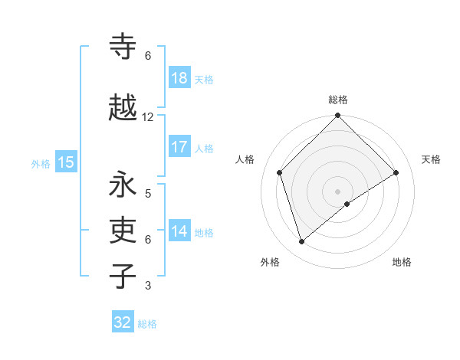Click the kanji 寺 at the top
[123, 47]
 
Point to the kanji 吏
[123, 230]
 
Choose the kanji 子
[123, 275]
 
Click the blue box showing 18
[179, 78]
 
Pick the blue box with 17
[179, 147]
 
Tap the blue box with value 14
[179, 231]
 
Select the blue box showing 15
[65, 162]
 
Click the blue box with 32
[123, 322]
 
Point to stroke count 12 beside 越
[148, 117]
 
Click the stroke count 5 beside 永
[148, 193]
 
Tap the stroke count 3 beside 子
[148, 286]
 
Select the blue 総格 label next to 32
[147, 324]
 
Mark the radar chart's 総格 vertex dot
[337, 116]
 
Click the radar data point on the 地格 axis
[347, 204]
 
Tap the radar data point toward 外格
[301, 241]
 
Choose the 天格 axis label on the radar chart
[431, 159]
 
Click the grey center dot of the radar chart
[337, 191]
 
